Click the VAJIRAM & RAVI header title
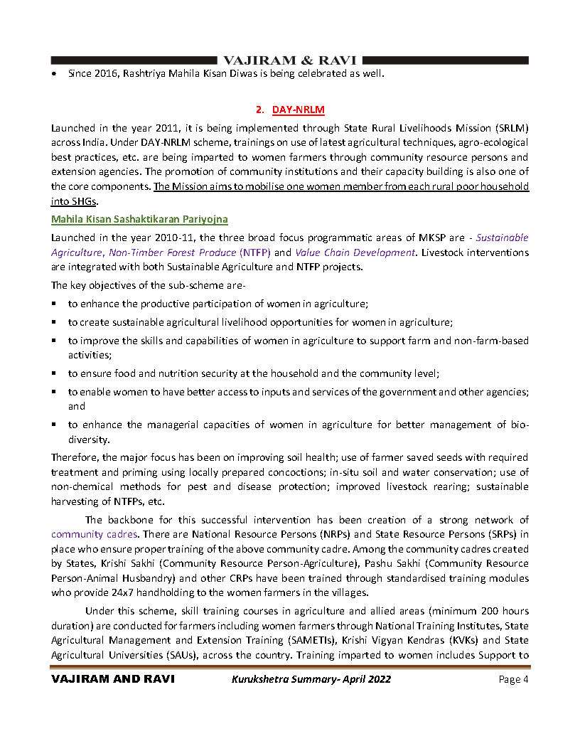pyautogui.click(x=290, y=60)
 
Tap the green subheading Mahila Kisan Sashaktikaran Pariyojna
pyautogui.click(x=139, y=220)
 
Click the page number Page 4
pyautogui.click(x=513, y=679)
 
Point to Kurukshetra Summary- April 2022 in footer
pyautogui.click(x=311, y=679)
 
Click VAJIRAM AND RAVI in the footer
pyautogui.click(x=113, y=679)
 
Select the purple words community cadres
pyautogui.click(x=94, y=533)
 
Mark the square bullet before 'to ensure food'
pyautogui.click(x=54, y=373)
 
